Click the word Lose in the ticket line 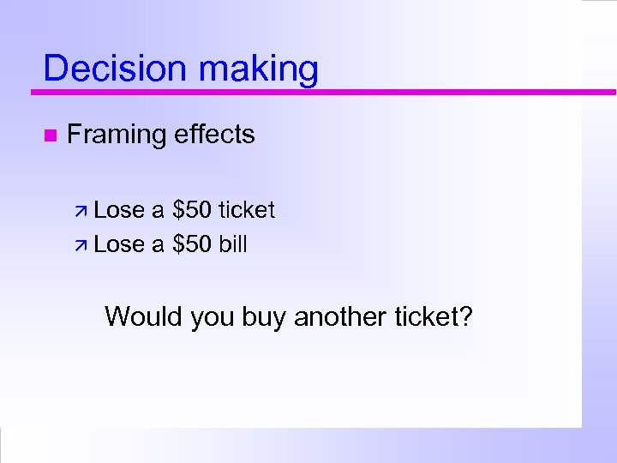pos(119,210)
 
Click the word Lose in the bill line pos(119,245)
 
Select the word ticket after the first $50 pos(247,210)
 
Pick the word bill pos(233,245)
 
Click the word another pos(340,317)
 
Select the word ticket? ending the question pos(434,317)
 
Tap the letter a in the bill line pos(158,246)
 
